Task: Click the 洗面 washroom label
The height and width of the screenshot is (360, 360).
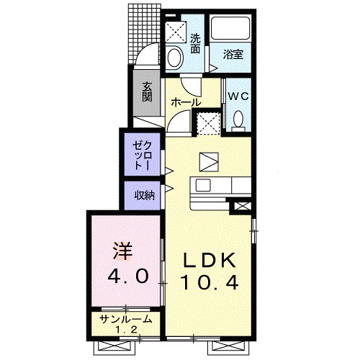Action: pyautogui.click(x=195, y=40)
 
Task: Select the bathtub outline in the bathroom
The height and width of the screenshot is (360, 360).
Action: pyautogui.click(x=232, y=30)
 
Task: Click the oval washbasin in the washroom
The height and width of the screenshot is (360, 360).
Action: pyautogui.click(x=174, y=57)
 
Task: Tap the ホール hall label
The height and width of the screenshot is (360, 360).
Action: pyautogui.click(x=185, y=102)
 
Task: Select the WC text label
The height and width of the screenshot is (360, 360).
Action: pyautogui.click(x=238, y=96)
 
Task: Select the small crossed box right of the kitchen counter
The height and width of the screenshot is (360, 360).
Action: pyautogui.click(x=240, y=208)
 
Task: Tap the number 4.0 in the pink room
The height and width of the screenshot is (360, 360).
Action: pyautogui.click(x=130, y=276)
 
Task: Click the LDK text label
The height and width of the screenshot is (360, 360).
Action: pyautogui.click(x=206, y=260)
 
